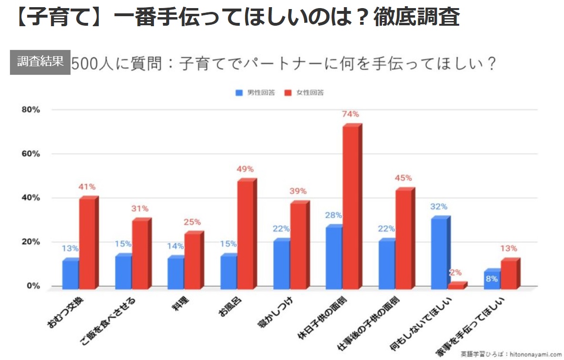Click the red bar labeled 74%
351,207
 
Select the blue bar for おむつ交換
70,274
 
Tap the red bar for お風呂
245,235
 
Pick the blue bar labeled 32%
439,253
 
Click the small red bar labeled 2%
456,286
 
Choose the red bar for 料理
192,261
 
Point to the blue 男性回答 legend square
239,93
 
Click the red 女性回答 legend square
287,93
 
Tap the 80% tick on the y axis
30,110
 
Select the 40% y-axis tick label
30,198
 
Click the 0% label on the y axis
32,286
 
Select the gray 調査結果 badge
40,62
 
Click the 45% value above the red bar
403,178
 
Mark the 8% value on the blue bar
492,279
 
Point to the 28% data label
334,215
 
